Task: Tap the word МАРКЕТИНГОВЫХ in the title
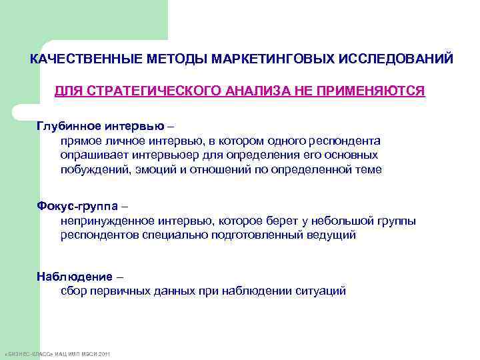(x=262, y=59)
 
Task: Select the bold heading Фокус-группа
(x=77, y=206)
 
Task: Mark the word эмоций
(x=151, y=169)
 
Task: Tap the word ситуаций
(x=323, y=291)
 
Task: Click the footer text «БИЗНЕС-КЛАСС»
(x=27, y=352)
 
